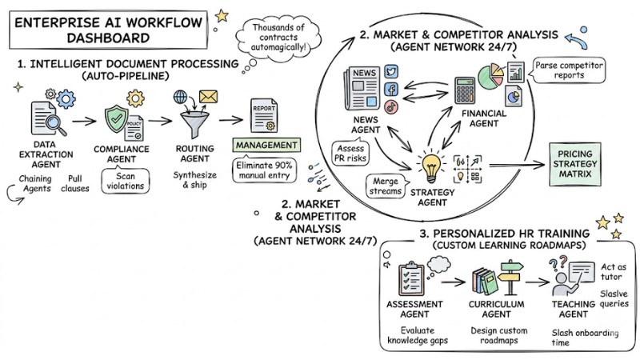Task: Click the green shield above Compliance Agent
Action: pyautogui.click(x=116, y=121)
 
